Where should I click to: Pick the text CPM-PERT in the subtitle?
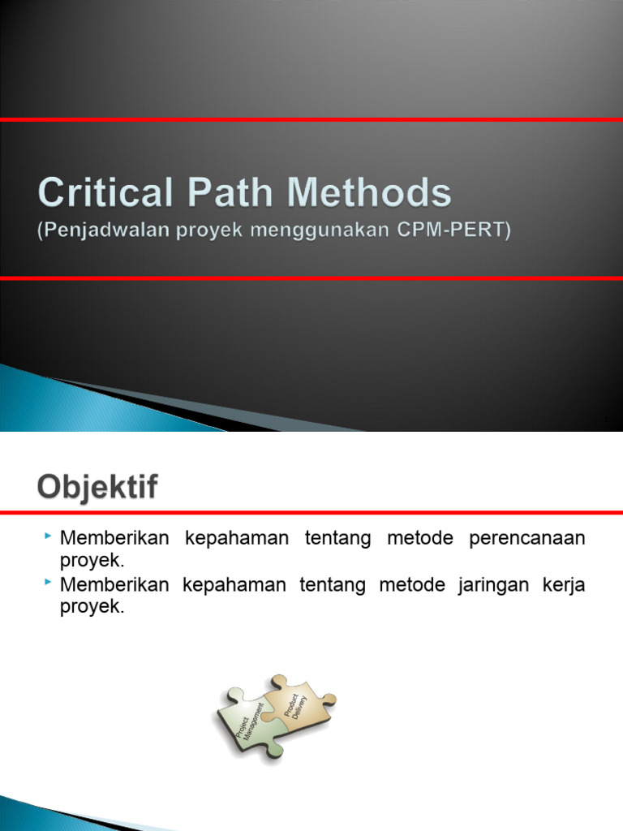coord(464,231)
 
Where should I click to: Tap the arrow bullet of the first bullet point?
coord(49,536)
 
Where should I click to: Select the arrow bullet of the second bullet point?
coord(49,583)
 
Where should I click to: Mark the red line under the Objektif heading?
coord(311,513)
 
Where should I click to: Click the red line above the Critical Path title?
coord(311,120)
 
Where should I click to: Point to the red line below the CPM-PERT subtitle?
coord(311,278)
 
